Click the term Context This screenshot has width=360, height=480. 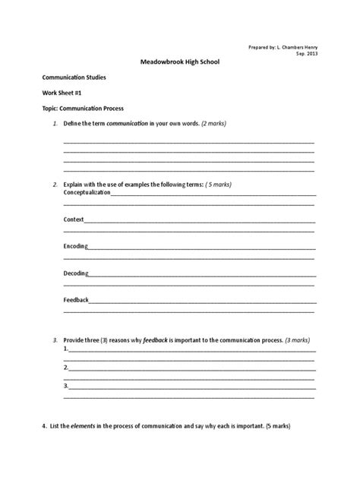point(74,219)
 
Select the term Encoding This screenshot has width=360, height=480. point(75,246)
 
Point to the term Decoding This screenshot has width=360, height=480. point(75,273)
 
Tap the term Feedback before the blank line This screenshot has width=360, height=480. point(76,299)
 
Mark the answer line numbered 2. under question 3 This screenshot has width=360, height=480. point(190,368)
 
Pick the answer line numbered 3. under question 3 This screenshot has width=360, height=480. point(190,386)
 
